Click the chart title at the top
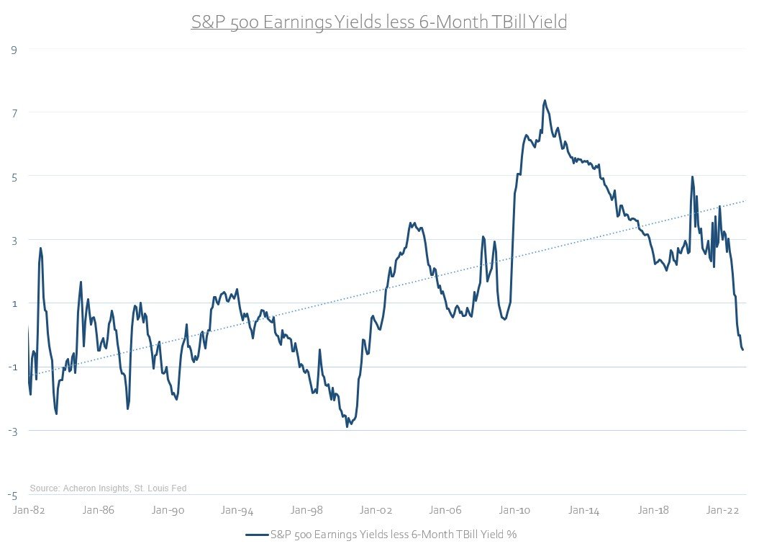[379, 22]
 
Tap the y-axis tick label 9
[13, 49]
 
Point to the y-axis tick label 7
[13, 112]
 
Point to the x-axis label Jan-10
[515, 511]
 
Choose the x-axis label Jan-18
[654, 511]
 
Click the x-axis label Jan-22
[723, 511]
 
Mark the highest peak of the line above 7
[545, 101]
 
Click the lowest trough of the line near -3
[347, 426]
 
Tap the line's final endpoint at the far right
[742, 350]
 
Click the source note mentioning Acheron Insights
[108, 488]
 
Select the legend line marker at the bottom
[256, 535]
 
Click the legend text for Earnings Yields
[394, 535]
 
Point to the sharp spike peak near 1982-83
[41, 248]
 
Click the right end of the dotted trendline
[745, 201]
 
